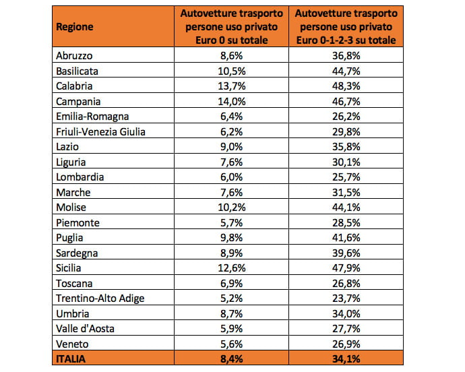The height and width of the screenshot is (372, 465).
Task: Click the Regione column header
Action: [74, 27]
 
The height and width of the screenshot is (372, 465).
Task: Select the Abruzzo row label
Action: [74, 56]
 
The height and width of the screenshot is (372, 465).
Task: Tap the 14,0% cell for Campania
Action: [232, 102]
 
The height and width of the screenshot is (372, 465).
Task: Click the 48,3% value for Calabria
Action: [346, 86]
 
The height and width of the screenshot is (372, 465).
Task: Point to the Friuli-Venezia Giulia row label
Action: [100, 131]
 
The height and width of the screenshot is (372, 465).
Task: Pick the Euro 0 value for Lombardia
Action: [232, 177]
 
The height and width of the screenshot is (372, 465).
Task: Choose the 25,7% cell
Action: [346, 177]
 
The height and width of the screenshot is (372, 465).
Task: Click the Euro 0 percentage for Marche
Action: [232, 193]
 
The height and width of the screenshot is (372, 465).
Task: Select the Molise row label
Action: [71, 208]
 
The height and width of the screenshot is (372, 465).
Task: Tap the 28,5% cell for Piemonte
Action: [346, 223]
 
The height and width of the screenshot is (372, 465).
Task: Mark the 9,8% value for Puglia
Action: [232, 238]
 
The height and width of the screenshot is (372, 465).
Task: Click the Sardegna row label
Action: [77, 253]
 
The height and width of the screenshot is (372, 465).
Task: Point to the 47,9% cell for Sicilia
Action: [346, 268]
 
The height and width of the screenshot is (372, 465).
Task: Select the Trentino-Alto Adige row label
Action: [100, 299]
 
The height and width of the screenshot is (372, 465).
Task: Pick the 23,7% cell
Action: [346, 298]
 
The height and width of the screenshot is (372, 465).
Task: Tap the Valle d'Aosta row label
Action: [85, 329]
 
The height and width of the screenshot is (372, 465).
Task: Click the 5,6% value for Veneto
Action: [232, 344]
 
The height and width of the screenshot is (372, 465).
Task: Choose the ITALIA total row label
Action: [71, 359]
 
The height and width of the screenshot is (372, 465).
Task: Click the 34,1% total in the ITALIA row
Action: [346, 359]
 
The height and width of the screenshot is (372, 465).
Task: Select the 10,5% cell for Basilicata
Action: [232, 71]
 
